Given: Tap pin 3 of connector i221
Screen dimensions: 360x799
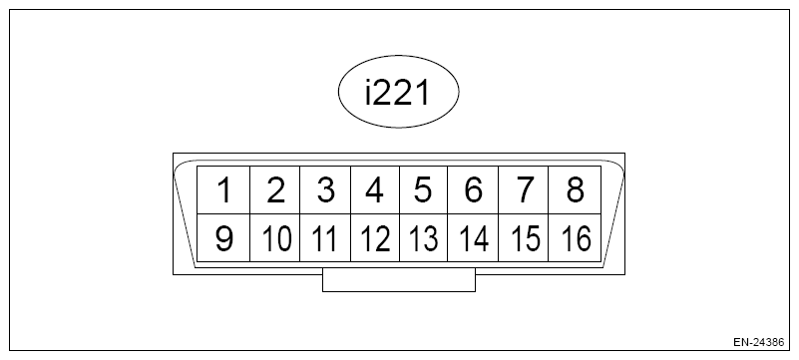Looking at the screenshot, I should (x=324, y=189).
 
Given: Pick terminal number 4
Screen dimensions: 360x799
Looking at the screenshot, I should (x=374, y=189).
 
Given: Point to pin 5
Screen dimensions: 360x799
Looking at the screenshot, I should (x=424, y=189).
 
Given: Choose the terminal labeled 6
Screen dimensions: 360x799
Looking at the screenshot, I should (x=474, y=189).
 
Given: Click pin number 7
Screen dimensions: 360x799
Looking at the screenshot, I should (x=524, y=189).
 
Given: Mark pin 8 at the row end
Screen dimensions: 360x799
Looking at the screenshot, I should (x=575, y=189).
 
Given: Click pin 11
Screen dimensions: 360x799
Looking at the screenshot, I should (x=324, y=239).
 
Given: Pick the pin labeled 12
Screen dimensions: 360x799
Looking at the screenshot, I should (x=374, y=239).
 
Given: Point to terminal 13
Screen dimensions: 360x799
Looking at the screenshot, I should (x=424, y=239).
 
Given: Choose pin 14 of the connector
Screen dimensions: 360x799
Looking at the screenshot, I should (x=474, y=239).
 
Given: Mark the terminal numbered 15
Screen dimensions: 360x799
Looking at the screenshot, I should (x=524, y=239).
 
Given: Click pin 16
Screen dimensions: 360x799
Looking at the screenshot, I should (x=575, y=239).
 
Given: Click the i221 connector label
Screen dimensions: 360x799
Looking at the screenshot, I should (x=398, y=94).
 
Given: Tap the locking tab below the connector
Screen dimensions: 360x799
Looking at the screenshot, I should (x=399, y=282).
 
